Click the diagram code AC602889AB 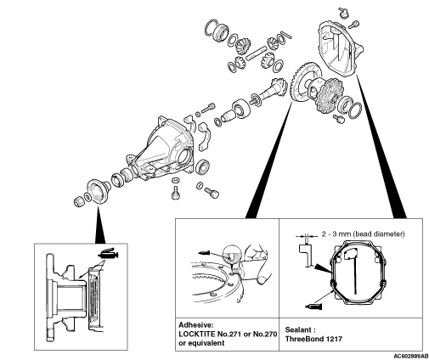(411, 356)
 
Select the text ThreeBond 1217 (313, 339)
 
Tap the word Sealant (298, 329)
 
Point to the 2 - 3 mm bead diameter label (363, 234)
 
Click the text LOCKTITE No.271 (210, 334)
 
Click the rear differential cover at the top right (340, 48)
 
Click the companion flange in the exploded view (99, 190)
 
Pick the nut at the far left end (79, 201)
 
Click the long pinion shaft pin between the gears (257, 53)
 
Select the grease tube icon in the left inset (108, 253)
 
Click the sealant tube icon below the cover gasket (313, 307)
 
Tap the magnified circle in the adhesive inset (232, 253)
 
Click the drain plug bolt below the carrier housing (176, 193)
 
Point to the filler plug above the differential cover (342, 13)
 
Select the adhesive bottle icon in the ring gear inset (204, 252)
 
